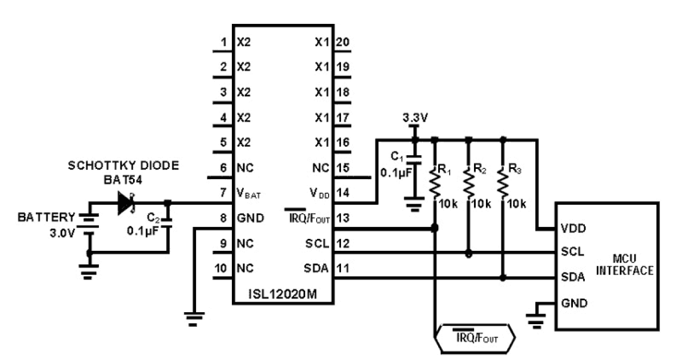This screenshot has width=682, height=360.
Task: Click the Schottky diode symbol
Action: click(126, 203)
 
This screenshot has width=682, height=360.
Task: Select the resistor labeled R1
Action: click(434, 184)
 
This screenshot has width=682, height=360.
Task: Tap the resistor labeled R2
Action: click(469, 184)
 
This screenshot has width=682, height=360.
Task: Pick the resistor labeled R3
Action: click(503, 184)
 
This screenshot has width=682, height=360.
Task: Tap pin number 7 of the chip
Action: click(223, 193)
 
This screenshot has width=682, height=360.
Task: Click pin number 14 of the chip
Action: click(343, 193)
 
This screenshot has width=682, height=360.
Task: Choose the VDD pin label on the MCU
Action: click(574, 229)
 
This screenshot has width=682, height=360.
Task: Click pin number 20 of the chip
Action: click(343, 42)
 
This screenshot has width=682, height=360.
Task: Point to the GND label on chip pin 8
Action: click(250, 218)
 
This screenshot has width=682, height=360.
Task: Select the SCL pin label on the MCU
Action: click(573, 252)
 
